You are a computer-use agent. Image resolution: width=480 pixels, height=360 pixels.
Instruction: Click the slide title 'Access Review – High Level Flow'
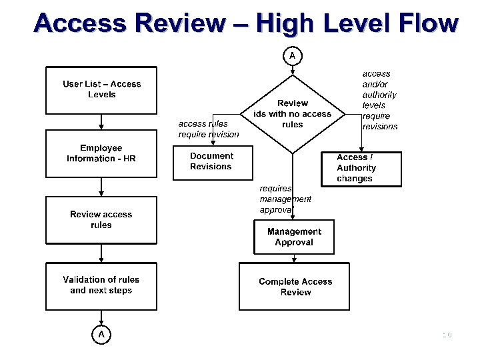coord(246,24)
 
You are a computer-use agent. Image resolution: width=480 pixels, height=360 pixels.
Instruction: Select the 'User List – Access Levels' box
coord(101,90)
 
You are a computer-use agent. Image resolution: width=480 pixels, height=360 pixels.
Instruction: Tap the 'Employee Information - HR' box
coord(101,154)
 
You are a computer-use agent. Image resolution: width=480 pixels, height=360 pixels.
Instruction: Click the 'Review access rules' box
coord(101,220)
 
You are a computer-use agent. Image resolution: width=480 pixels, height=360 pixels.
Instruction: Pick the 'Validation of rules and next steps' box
coord(101,286)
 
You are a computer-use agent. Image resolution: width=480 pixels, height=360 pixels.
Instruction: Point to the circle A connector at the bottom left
coord(101,334)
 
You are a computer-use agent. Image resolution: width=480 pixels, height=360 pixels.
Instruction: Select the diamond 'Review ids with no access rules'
coord(293,114)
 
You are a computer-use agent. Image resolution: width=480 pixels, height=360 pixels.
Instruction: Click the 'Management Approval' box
coord(293,237)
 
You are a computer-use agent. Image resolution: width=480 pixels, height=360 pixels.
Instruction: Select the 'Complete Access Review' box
coord(295,287)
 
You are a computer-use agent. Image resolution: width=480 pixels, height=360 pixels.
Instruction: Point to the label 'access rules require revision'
coord(208,129)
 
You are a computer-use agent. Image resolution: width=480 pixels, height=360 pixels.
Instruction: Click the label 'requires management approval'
coord(285,199)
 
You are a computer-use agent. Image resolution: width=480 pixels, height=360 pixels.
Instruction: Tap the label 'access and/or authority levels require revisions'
coord(379,100)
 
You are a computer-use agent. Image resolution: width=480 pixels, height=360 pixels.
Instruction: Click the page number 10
coord(446,335)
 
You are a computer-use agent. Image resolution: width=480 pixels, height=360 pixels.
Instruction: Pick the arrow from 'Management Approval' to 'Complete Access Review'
coord(293,258)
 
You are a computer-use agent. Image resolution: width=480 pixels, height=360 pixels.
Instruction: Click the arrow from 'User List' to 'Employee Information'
coord(101,122)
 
